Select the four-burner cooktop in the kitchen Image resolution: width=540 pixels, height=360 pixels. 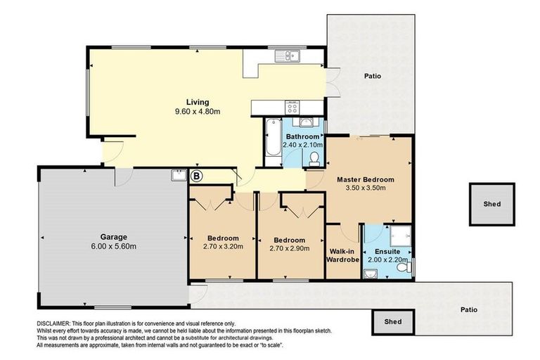293,107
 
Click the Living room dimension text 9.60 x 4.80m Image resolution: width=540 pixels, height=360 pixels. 198,112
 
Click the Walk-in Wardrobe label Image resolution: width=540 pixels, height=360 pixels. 343,255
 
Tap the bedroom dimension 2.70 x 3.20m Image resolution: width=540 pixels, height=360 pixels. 222,247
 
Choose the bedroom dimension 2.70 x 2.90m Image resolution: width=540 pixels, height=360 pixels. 290,247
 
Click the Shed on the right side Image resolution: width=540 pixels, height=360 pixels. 491,205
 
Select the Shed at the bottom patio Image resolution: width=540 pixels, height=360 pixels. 393,322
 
